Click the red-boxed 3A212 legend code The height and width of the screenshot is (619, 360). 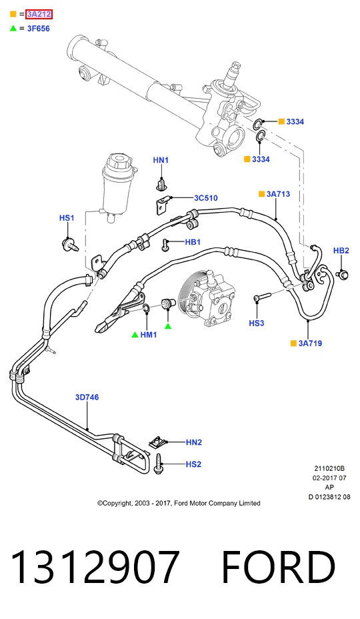point(39,15)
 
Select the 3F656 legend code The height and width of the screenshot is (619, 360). point(38,29)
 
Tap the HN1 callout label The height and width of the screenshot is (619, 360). point(161,160)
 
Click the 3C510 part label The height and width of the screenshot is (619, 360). point(205,198)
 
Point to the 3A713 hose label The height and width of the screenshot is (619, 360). point(278,194)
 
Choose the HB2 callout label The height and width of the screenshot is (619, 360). point(341,250)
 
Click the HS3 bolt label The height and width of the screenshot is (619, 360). point(256,323)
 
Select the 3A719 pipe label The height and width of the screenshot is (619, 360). point(310,343)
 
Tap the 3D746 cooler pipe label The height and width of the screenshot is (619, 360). point(87,397)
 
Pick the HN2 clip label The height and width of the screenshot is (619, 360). point(194,442)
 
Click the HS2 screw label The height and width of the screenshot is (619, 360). point(193,464)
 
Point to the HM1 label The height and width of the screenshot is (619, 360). point(149,334)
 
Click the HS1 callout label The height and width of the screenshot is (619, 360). point(67,217)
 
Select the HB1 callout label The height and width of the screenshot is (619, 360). point(193,241)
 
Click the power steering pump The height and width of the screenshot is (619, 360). point(207,296)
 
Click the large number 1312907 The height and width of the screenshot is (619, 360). point(95,566)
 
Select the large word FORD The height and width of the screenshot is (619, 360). point(279,566)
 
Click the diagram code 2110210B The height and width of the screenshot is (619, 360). point(329,469)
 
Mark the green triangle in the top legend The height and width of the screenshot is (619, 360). point(13,28)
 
